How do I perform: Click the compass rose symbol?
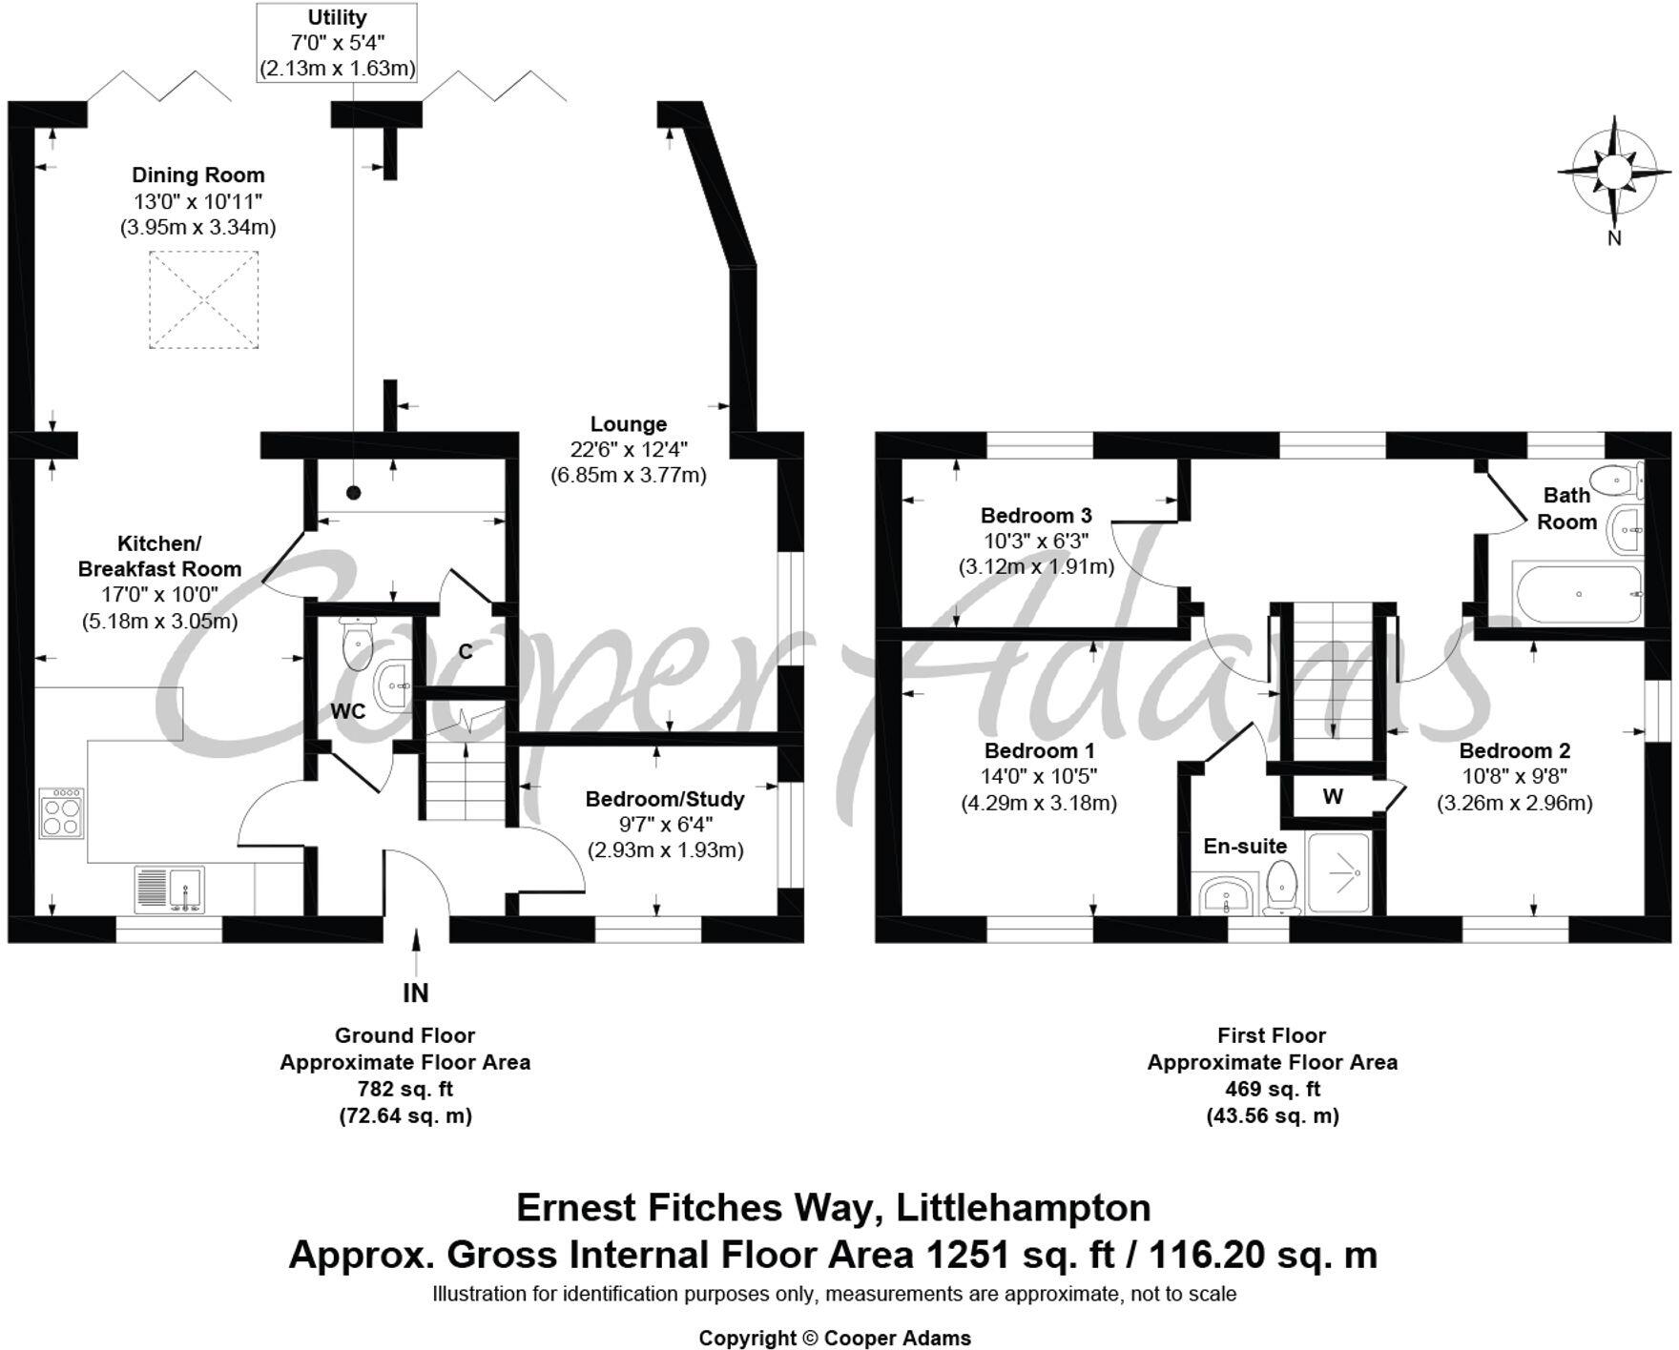[x=1613, y=172]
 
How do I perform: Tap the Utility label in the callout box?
[x=337, y=18]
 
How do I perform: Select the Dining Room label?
[x=198, y=175]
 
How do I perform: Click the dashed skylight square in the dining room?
[x=204, y=300]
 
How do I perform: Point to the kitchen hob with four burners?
[x=61, y=811]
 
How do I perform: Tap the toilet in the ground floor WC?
[x=358, y=643]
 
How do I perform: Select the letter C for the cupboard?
[x=466, y=652]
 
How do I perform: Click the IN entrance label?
[x=416, y=992]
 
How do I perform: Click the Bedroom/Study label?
[x=664, y=799]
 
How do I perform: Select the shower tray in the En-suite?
[x=1339, y=871]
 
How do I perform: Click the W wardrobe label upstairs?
[x=1333, y=796]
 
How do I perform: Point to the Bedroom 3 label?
[x=1036, y=516]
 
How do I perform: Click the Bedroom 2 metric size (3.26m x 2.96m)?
[x=1514, y=803]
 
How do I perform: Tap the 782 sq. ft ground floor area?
[x=405, y=1089]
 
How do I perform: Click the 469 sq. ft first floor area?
[x=1272, y=1089]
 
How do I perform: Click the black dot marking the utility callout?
[x=354, y=493]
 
